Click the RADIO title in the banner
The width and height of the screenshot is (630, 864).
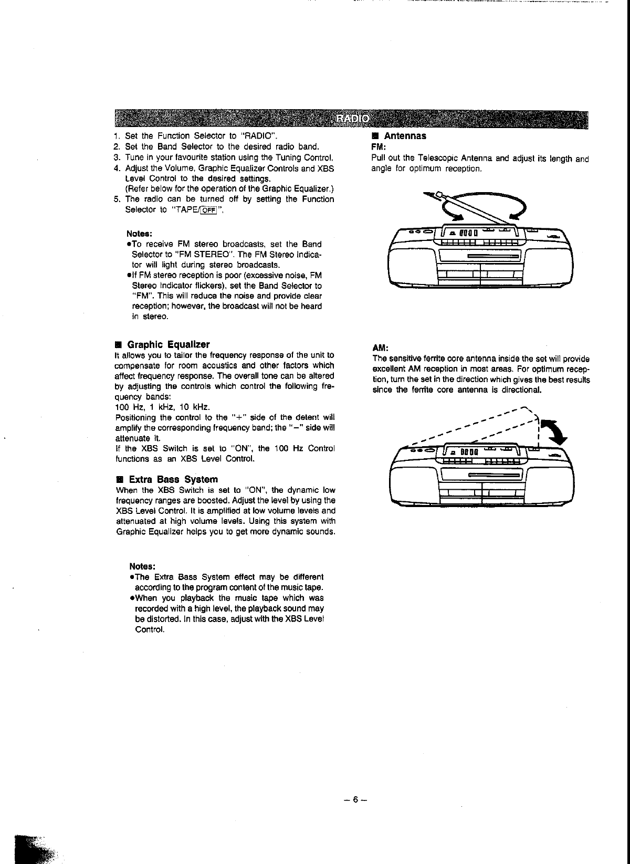pos(352,119)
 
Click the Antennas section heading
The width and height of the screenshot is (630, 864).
pos(405,135)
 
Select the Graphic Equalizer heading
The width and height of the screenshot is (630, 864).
pos(169,344)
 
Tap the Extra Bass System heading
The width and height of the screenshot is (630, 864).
pos(173,479)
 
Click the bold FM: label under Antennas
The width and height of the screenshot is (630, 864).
pos(379,146)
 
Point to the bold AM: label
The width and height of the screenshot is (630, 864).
pos(380,347)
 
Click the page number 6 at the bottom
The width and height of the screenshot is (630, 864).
pos(355,799)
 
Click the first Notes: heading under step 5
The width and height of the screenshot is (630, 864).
pos(139,234)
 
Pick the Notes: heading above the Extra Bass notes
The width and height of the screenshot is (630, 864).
pos(142,566)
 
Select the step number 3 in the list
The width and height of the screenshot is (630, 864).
pos(117,157)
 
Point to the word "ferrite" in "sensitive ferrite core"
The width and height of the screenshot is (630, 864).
pos(432,359)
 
